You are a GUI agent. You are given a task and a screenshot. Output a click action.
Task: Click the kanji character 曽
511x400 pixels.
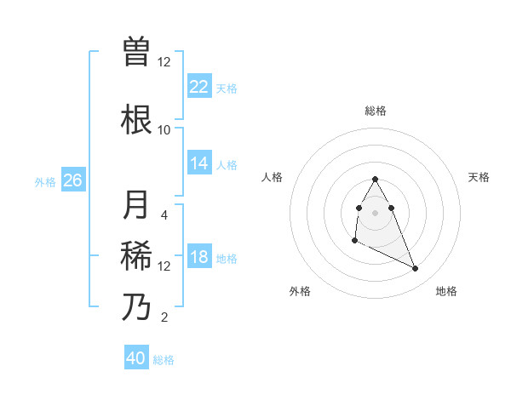click(x=137, y=52)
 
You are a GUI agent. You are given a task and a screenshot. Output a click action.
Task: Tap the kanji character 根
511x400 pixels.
click(x=137, y=119)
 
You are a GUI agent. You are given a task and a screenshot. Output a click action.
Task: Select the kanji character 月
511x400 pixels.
click(x=137, y=205)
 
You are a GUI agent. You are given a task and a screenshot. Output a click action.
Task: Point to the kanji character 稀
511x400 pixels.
click(x=137, y=255)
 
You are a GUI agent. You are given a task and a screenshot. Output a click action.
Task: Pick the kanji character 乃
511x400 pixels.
click(x=137, y=306)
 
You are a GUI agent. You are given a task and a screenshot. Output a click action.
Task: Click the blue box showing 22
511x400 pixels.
click(x=199, y=87)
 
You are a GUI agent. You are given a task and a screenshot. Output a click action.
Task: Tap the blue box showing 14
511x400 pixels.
click(x=199, y=163)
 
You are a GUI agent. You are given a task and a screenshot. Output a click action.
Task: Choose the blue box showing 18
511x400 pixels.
click(x=199, y=257)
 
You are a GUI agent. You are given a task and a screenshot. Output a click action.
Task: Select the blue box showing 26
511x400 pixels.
click(x=73, y=180)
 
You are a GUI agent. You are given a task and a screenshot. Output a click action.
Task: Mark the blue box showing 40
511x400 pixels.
click(x=136, y=358)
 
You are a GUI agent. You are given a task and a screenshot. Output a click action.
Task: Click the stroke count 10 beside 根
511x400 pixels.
click(x=164, y=129)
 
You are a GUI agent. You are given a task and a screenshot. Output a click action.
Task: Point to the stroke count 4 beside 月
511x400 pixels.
click(x=164, y=214)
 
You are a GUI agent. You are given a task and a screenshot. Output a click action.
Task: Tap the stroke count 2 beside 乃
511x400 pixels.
click(x=164, y=317)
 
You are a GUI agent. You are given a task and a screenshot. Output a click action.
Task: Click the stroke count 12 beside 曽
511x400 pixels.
click(x=164, y=62)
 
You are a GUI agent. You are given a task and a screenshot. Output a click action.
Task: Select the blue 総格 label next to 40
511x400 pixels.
click(x=164, y=360)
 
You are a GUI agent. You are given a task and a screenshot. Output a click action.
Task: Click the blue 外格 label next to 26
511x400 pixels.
click(x=45, y=181)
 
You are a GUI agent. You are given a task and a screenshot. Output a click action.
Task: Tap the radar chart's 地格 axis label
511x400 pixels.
click(x=446, y=291)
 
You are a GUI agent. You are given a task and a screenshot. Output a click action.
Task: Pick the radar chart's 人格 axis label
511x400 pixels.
click(x=273, y=177)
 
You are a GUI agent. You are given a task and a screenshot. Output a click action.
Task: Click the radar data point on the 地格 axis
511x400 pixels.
click(x=416, y=269)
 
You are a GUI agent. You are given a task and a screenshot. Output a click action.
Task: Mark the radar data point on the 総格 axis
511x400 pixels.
click(x=375, y=179)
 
